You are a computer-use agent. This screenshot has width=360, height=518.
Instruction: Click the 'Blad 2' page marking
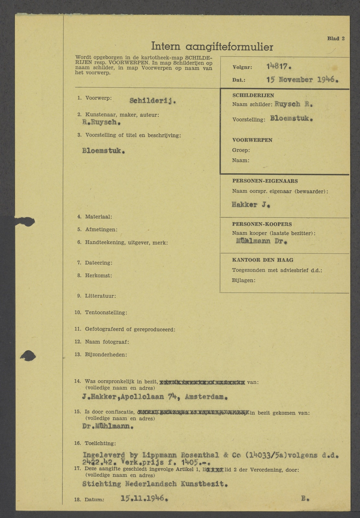coord(336,39)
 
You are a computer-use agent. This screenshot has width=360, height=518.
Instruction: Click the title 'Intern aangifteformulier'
coord(212,47)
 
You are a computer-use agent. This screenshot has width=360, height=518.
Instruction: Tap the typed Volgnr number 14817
coord(279,67)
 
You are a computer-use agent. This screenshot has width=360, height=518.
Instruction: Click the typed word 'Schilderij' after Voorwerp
coord(153,101)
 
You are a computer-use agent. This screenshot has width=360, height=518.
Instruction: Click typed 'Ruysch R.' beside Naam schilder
coord(293,104)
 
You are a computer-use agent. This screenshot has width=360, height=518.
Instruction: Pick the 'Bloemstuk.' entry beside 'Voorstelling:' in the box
coord(291,118)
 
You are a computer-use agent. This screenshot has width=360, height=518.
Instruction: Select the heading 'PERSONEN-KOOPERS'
coord(262,224)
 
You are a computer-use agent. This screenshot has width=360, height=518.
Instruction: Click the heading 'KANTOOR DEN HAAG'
coord(262,260)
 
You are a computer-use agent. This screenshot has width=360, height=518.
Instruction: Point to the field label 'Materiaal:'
coord(98,217)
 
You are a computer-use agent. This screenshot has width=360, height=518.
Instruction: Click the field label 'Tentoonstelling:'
coord(106,313)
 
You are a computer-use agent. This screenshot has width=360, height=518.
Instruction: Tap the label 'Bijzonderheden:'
coord(106,355)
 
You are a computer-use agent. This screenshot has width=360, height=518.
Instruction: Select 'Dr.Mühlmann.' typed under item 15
coord(108,426)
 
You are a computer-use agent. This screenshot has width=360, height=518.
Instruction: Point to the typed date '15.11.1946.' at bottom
coord(144,499)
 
